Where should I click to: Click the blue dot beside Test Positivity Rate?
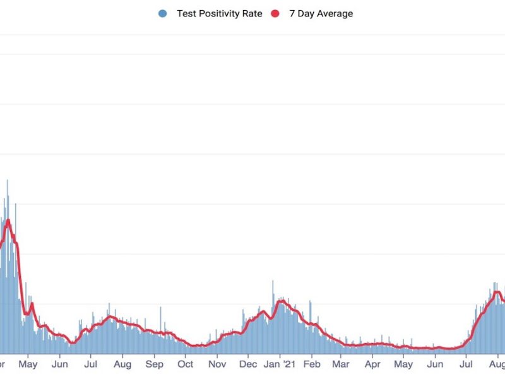163,13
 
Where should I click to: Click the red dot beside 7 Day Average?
275,13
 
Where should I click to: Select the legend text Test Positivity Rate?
219,13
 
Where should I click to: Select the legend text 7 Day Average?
321,13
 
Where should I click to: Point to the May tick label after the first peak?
28,364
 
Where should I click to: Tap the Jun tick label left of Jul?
60,364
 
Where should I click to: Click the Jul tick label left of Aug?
91,364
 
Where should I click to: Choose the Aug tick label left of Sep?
122,364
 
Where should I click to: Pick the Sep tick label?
154,364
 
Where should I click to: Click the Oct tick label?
186,364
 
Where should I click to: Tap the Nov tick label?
217,364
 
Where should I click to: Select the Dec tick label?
248,364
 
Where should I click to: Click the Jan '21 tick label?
280,364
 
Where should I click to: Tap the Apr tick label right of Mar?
372,364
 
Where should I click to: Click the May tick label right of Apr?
403,364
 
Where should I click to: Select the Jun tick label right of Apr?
435,364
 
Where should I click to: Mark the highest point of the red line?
8,220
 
